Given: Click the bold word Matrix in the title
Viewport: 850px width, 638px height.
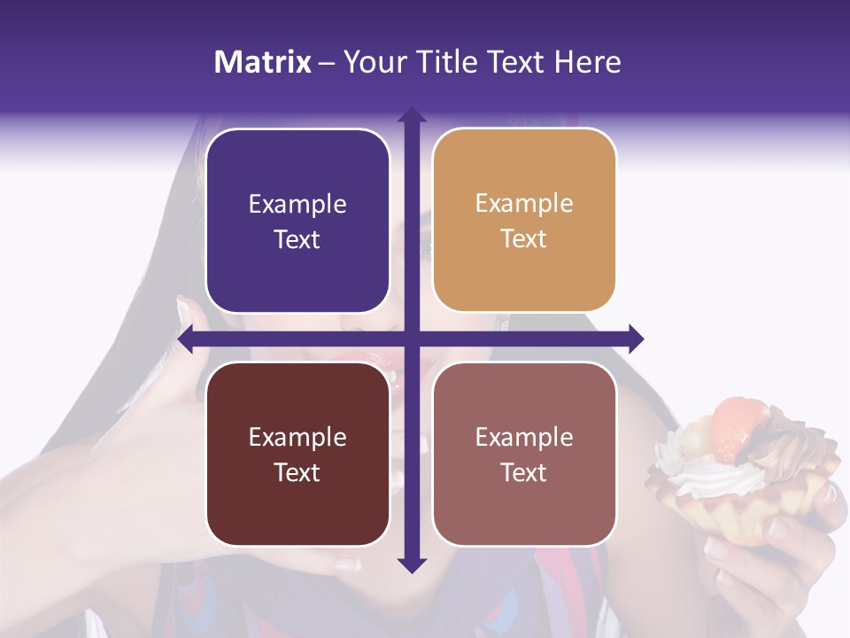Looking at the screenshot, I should point(263,62).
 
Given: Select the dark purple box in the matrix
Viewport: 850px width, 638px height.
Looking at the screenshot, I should point(297,221).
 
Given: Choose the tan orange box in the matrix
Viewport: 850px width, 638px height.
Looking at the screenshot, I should point(524,220).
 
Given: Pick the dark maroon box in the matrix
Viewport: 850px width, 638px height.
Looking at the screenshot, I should point(297,454).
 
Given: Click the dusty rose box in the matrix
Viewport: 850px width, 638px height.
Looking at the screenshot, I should point(524,454).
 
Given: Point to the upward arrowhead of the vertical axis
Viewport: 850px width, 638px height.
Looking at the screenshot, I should point(412,116).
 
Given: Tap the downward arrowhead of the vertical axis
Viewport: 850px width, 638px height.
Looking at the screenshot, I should point(412,564).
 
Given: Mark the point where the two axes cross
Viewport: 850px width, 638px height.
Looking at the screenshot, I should point(412,339).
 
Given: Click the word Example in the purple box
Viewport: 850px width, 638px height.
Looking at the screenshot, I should point(297,204).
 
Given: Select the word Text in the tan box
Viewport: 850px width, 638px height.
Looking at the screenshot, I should point(524,239).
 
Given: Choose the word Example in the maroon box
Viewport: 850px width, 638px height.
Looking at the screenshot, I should point(297,437).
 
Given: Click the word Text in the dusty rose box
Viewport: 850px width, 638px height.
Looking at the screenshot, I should point(524,472).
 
